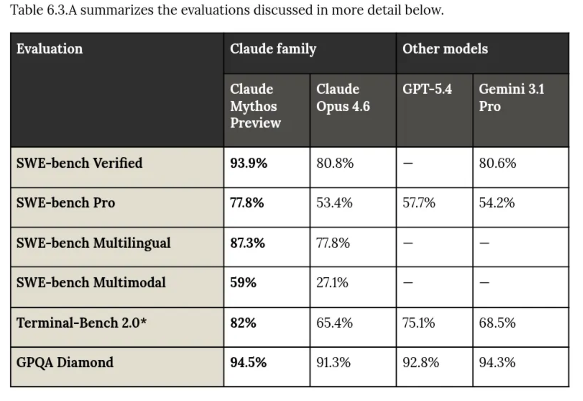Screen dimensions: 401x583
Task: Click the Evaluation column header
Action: point(49,49)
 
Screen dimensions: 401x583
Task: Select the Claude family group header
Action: point(273,49)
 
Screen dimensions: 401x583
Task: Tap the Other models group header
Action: point(445,49)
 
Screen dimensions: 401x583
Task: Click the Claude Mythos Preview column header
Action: point(255,106)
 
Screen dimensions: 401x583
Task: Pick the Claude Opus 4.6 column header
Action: point(343,98)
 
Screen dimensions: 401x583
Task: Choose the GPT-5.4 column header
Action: point(427,90)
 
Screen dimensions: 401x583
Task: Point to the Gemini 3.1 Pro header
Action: point(512,98)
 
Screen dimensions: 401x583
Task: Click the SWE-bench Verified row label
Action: point(80,163)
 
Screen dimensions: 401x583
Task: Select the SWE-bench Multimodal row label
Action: point(91,283)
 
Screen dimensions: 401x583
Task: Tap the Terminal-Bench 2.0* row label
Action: point(81,322)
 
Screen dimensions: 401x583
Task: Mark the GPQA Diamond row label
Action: point(65,362)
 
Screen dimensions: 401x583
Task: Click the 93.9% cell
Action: point(249,163)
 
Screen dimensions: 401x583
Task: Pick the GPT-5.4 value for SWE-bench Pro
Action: point(419,203)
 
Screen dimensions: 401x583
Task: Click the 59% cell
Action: point(243,283)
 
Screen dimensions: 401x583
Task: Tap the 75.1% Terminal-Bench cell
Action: point(419,322)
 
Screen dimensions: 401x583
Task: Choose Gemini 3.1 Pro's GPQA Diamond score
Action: point(497,362)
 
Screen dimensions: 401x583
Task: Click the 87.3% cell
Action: point(248,243)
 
